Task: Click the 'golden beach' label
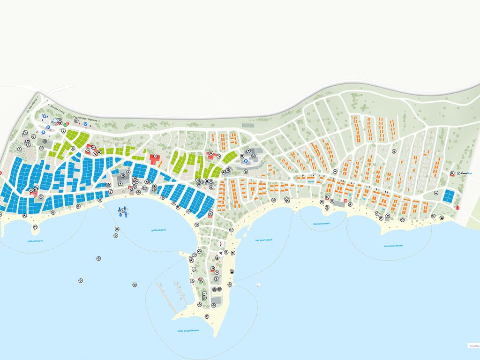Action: [158, 230]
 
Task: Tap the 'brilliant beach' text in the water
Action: [35, 241]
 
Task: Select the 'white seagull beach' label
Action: [188, 330]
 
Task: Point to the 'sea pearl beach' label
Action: [264, 240]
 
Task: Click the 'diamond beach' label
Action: [322, 224]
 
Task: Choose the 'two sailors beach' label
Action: [393, 246]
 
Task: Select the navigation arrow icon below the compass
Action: [220, 253]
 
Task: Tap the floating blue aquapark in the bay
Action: [123, 211]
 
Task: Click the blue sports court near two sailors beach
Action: [449, 196]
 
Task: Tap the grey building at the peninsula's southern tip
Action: [216, 300]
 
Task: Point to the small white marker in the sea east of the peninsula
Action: [257, 285]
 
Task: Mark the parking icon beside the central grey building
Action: [245, 161]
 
